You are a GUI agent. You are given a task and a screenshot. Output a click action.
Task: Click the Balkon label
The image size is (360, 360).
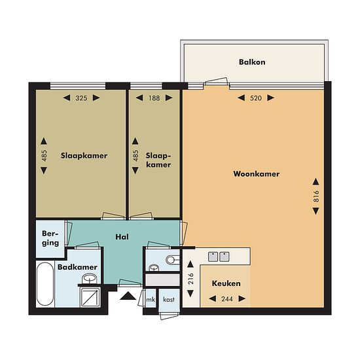[252, 62]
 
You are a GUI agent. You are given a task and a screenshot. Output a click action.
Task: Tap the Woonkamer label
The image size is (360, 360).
[257, 174]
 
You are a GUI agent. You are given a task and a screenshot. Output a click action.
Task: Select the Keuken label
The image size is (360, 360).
[226, 283]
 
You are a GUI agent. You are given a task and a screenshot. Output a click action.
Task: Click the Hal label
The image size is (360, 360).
[122, 237]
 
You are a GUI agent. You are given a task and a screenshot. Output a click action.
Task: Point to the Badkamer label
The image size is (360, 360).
[77, 267]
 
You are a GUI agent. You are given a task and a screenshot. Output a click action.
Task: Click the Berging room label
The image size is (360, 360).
[50, 238]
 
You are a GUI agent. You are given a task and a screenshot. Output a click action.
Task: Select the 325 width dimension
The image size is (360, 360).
[81, 98]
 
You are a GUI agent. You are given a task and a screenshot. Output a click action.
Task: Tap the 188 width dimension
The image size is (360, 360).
[154, 98]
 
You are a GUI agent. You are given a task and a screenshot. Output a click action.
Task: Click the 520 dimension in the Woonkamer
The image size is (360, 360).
[256, 98]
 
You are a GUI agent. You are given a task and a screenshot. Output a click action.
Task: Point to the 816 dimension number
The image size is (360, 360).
[316, 196]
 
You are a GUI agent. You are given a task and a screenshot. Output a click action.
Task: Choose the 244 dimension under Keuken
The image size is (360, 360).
[227, 299]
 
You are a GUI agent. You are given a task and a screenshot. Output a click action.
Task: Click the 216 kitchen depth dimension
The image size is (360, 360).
[190, 279]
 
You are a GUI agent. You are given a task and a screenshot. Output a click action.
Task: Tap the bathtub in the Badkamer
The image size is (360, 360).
[45, 284]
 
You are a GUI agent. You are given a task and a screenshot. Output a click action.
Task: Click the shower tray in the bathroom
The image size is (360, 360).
[90, 297]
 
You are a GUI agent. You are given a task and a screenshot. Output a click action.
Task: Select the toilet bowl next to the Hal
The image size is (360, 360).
[172, 260]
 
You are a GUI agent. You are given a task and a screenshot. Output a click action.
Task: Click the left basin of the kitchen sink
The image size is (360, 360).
[213, 257]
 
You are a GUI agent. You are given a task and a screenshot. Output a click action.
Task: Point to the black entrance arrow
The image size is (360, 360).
[128, 296]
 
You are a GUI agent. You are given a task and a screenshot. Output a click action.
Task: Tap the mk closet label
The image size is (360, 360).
[151, 299]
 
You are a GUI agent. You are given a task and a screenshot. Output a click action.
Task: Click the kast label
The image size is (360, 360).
[169, 299]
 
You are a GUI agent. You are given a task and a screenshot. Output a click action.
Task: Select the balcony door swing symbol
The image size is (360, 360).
[216, 82]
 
